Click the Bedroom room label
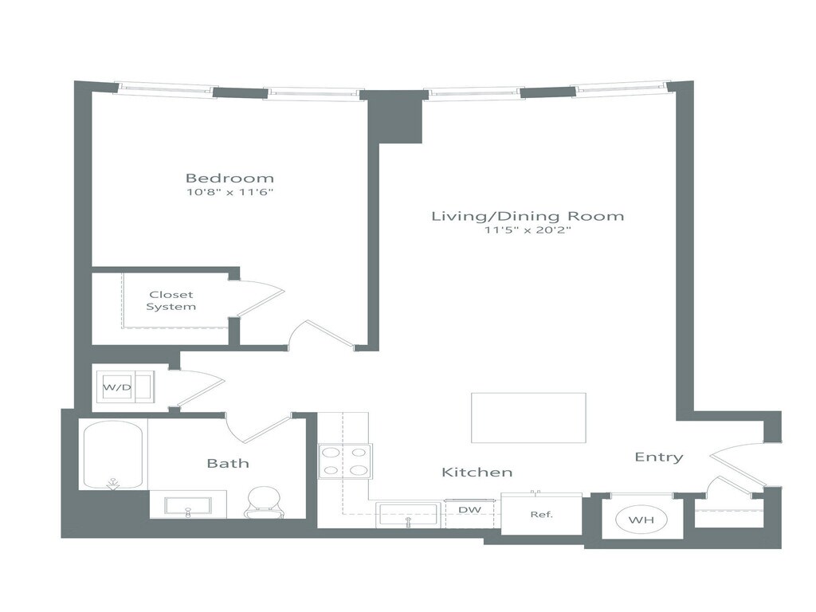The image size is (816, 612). click(x=229, y=178)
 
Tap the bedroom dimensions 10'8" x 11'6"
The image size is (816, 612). click(x=229, y=192)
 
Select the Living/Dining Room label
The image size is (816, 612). click(x=528, y=216)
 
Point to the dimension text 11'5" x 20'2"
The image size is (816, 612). click(x=528, y=230)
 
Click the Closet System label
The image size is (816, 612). click(x=171, y=300)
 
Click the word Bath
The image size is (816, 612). click(x=228, y=463)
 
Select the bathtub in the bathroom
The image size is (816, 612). click(x=112, y=455)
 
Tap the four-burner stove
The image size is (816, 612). click(x=346, y=461)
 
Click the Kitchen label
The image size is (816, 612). click(x=477, y=473)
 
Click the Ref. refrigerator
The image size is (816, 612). click(x=542, y=514)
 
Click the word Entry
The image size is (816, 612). click(x=659, y=457)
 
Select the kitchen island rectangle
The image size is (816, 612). click(x=528, y=418)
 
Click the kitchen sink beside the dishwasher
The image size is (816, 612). click(x=409, y=514)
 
